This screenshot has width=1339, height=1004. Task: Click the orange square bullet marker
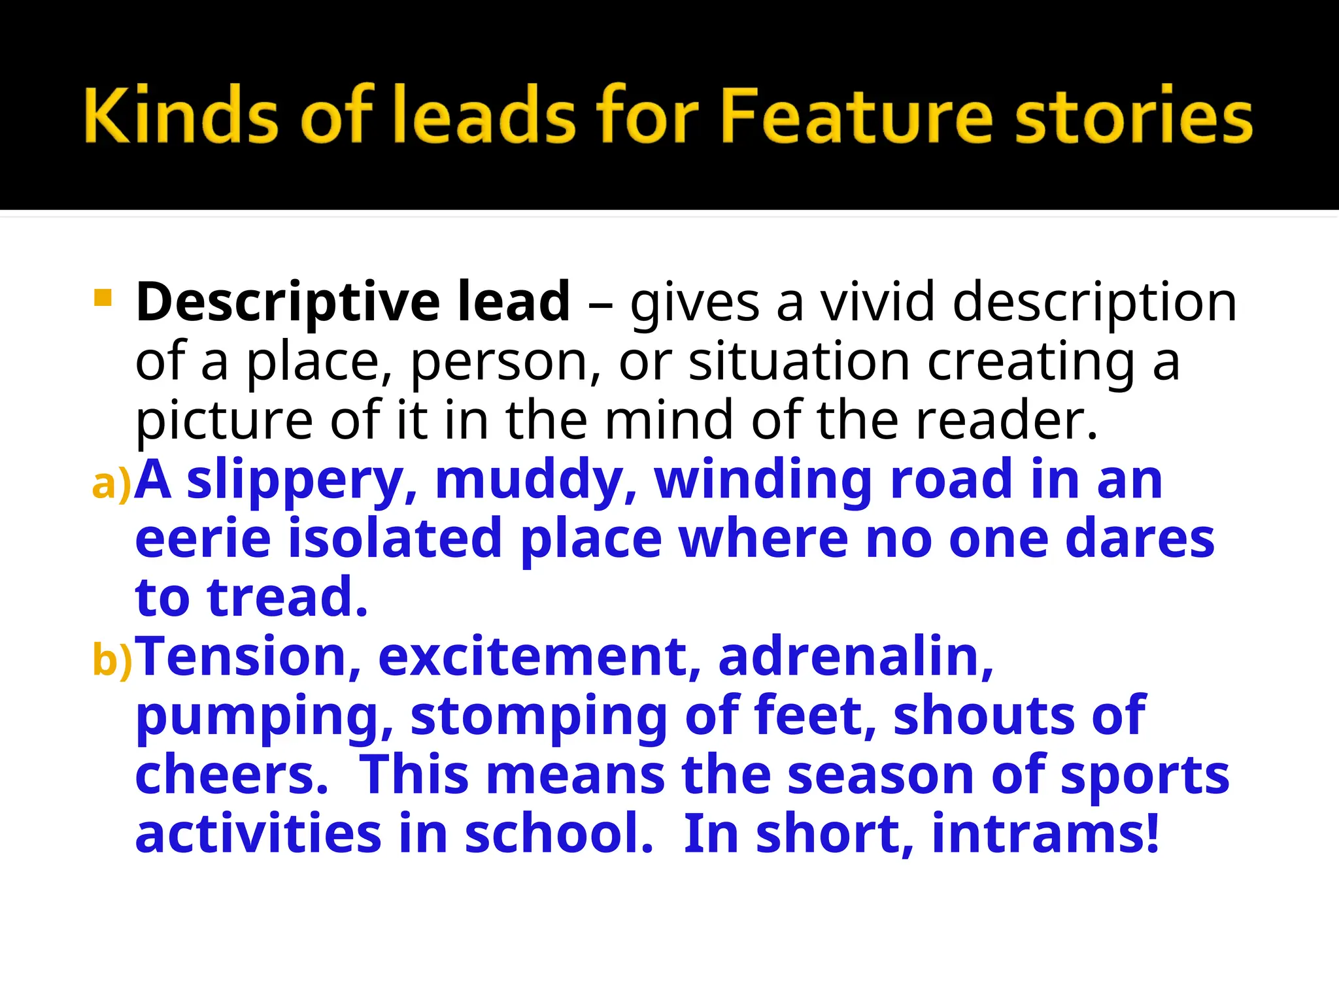(x=103, y=298)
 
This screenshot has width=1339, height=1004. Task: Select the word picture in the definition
(x=225, y=422)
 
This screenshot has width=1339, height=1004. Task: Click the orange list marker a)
(x=112, y=484)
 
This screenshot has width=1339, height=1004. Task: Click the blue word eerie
(x=203, y=539)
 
